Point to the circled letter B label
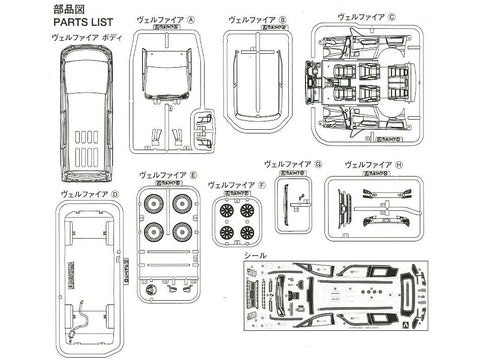[283, 19]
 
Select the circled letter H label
[398, 163]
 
